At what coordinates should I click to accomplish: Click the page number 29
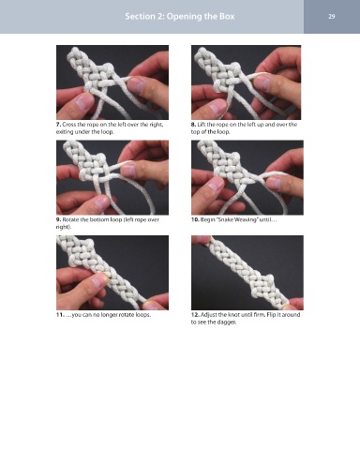(332, 16)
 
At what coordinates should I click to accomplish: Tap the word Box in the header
(227, 16)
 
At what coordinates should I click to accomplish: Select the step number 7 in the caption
(58, 125)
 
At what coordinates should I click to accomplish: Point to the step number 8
(193, 125)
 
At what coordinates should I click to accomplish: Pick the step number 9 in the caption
(58, 219)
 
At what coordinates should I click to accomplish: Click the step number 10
(195, 219)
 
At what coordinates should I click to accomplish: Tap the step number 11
(60, 315)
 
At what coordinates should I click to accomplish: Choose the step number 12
(195, 315)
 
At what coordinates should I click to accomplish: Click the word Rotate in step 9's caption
(69, 219)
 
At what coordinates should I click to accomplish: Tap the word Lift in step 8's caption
(202, 125)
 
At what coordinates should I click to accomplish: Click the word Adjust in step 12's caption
(208, 315)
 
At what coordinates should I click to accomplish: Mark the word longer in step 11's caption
(110, 315)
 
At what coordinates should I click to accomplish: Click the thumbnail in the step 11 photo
(100, 280)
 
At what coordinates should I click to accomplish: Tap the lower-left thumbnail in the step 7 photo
(83, 101)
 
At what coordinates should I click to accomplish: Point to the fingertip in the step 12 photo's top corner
(201, 239)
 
